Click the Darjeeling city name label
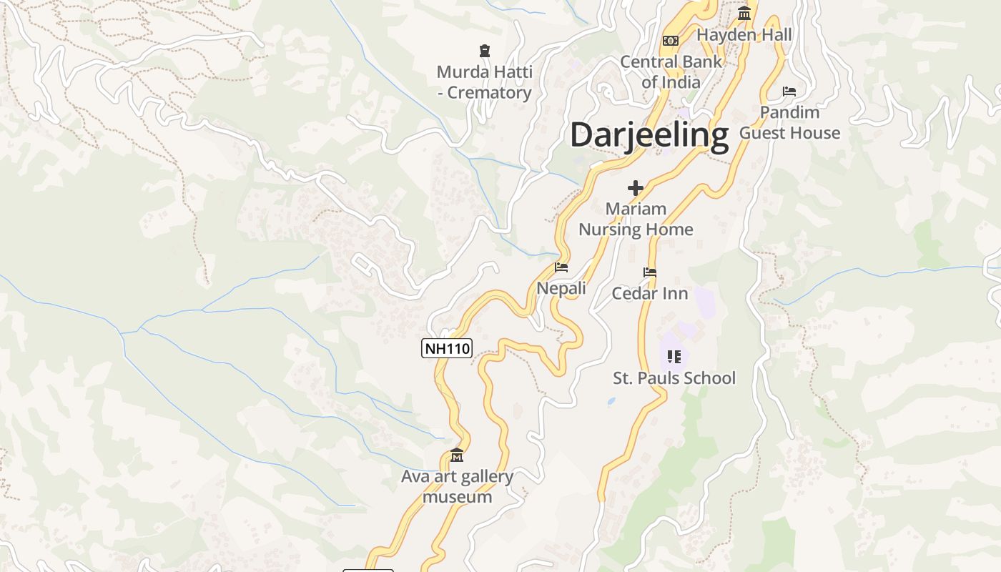click(649, 134)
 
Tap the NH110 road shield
click(447, 349)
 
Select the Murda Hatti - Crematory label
click(484, 82)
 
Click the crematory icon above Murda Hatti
click(485, 51)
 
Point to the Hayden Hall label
click(744, 34)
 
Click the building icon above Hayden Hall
click(744, 14)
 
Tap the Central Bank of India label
click(671, 71)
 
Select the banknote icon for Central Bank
click(671, 41)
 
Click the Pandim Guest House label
click(789, 122)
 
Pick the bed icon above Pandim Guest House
click(789, 92)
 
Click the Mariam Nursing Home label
click(636, 219)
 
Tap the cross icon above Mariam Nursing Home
click(636, 188)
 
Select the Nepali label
click(561, 288)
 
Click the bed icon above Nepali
click(561, 267)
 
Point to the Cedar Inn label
click(650, 293)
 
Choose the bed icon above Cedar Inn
click(650, 272)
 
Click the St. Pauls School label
click(674, 378)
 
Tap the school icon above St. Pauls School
click(674, 356)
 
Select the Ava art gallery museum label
click(457, 486)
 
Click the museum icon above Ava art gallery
click(457, 455)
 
